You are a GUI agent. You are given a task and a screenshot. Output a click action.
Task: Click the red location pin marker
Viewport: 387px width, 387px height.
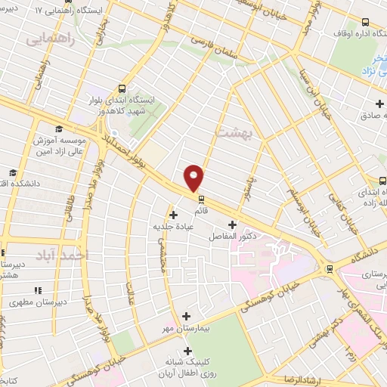pyautogui.click(x=194, y=178)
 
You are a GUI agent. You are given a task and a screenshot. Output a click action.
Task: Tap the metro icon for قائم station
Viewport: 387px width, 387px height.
pyautogui.click(x=201, y=200)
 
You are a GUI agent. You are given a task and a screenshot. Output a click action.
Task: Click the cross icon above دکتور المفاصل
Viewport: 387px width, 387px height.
pyautogui.click(x=232, y=224)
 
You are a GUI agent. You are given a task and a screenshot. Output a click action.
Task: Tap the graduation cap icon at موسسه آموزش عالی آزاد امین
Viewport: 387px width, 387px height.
pyautogui.click(x=59, y=129)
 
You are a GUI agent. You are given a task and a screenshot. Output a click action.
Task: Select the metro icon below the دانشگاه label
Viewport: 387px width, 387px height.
pyautogui.click(x=329, y=268)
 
